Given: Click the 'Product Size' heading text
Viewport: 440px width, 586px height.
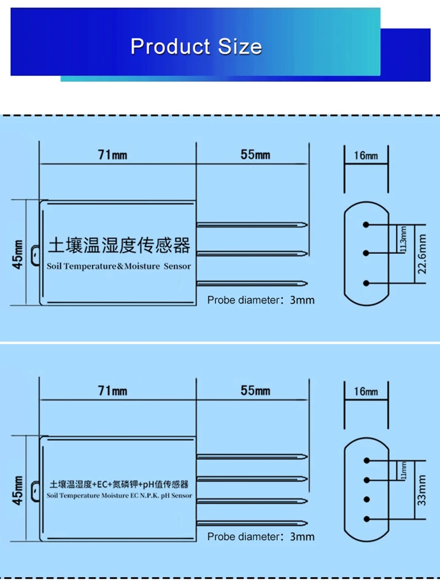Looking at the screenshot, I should pos(196,46).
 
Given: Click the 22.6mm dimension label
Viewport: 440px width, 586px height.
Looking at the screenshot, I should pos(422,254).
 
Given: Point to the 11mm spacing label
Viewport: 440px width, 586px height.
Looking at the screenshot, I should pos(404,470).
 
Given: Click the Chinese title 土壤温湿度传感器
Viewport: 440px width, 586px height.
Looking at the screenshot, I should pos(119,245).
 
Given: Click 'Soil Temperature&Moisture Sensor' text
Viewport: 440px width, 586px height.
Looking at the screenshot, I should pos(119,266).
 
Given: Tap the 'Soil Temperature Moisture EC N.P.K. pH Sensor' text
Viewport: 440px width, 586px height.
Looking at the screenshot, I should pos(120,496).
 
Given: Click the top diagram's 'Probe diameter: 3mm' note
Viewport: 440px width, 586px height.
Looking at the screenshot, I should pos(261,300).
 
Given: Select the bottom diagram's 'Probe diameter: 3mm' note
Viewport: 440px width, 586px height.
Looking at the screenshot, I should pos(261,536).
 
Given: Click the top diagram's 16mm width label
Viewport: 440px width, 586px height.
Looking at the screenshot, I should pos(366,156).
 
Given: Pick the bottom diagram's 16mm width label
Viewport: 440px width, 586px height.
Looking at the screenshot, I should pos(366,392).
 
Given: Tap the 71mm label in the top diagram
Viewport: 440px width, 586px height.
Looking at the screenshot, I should pos(112,155).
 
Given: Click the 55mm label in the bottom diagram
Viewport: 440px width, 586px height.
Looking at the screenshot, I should pos(255,391).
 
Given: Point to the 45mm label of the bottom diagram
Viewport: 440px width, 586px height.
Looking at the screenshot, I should pos(18,490).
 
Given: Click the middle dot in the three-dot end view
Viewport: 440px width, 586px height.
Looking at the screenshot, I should pos(365,253).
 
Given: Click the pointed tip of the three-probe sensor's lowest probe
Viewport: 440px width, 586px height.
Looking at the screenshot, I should pos(306,284).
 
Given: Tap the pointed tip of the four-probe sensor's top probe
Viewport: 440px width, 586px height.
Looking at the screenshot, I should pos(306,457).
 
